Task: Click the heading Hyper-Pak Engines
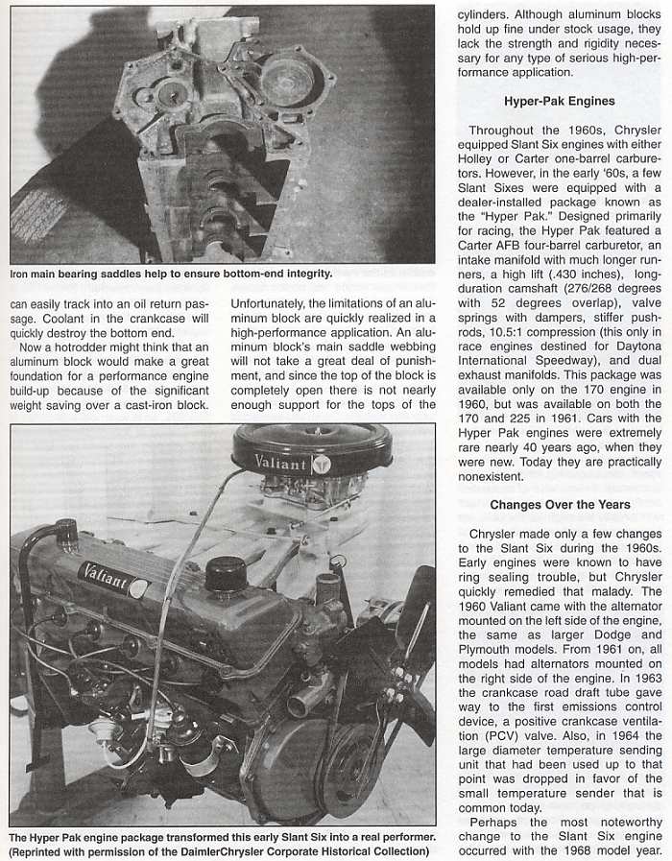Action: point(559,101)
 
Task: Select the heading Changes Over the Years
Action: point(560,505)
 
